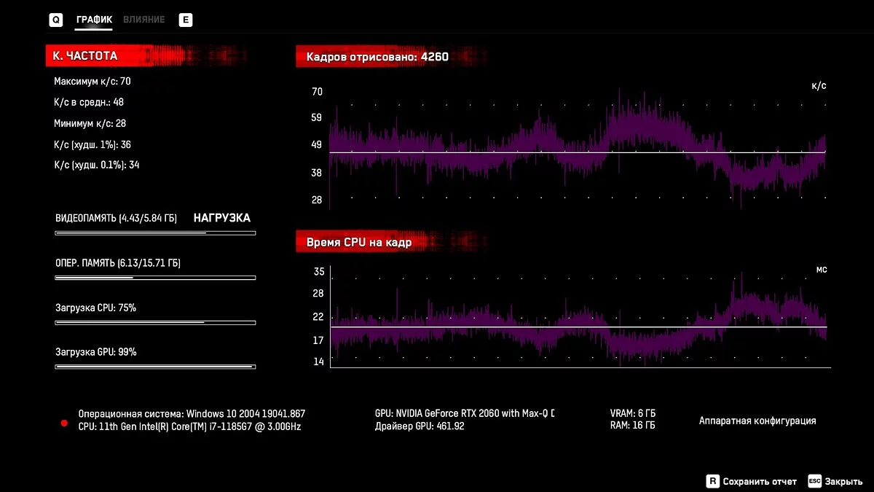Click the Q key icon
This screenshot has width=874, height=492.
point(56,20)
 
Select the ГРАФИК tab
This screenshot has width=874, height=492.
point(95,20)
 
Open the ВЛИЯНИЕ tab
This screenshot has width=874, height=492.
point(143,20)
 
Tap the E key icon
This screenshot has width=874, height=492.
point(185,20)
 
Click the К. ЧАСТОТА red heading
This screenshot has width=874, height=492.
point(85,56)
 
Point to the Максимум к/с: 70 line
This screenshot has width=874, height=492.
point(92,82)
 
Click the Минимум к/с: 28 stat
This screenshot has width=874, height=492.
point(90,123)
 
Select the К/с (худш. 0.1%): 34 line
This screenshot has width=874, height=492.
point(97,165)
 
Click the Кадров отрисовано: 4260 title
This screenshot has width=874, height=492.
point(377,57)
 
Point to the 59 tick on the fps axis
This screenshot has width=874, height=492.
point(317,117)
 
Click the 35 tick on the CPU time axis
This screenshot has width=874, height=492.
point(319,272)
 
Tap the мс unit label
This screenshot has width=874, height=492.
point(821,270)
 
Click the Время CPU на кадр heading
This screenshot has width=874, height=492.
point(359,243)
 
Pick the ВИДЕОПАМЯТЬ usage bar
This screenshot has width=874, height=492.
point(155,233)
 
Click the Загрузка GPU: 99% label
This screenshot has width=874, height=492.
point(96,352)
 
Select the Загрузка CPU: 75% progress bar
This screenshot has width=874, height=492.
point(155,322)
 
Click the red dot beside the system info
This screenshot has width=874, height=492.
point(64,423)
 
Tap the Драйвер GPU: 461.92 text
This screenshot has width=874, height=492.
point(420,426)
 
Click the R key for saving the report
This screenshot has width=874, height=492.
point(712,481)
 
